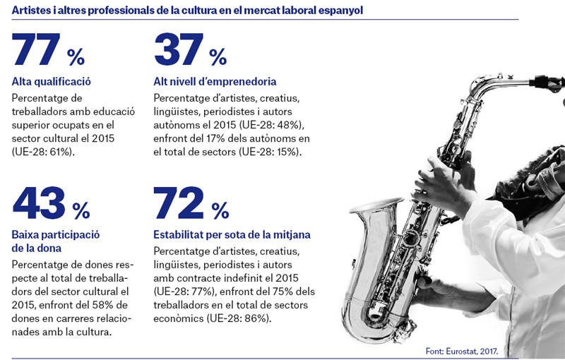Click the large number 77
(36, 49)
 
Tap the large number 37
(179, 49)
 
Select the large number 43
(39, 203)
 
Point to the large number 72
(179, 203)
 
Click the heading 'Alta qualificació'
(51, 82)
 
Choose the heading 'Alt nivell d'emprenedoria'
(215, 82)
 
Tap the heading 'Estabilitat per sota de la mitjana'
(232, 235)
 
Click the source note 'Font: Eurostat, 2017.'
(462, 351)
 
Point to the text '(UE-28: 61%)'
(43, 152)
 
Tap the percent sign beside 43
(81, 210)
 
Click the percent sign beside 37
(218, 57)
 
